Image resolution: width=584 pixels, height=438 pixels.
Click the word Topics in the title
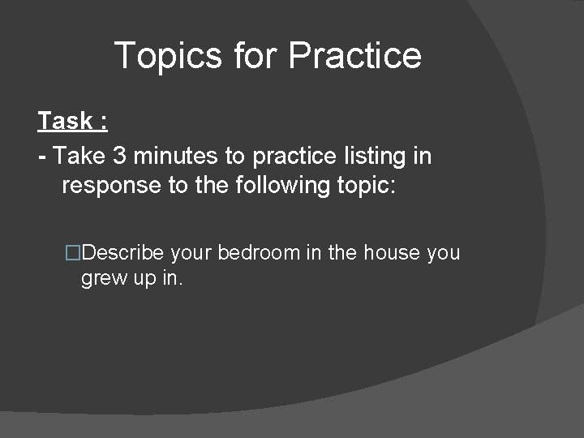(168, 56)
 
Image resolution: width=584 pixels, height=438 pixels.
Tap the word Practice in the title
(354, 56)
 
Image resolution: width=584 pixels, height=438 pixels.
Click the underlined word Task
(66, 122)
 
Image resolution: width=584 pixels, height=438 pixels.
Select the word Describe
(123, 253)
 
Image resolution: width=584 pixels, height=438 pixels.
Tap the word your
(191, 254)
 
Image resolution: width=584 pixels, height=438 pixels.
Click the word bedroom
(258, 253)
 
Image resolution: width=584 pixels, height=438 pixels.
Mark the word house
(391, 253)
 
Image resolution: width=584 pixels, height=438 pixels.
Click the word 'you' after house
(443, 254)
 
